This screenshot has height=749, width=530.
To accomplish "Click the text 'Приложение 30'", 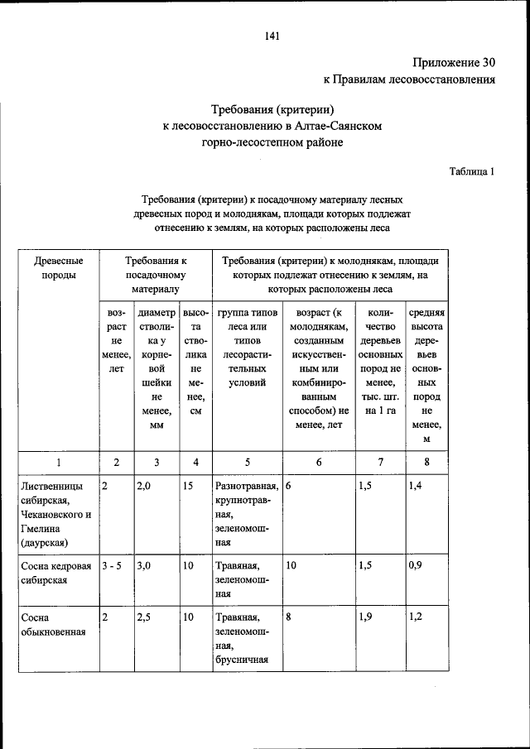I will point(453,63).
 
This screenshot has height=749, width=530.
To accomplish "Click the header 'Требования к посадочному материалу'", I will point(155,275).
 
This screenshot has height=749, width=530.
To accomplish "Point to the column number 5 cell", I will point(247,462).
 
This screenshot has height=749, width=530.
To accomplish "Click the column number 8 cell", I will point(426,462).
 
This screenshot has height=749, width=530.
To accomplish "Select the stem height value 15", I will point(189,486).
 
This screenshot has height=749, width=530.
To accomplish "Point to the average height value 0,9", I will point(417,566).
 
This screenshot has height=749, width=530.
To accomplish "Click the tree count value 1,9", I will point(366,617).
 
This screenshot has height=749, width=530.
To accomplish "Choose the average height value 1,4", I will point(417,486).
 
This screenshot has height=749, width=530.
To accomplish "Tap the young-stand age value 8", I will point(288,617).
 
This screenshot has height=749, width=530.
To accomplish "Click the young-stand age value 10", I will point(291,566).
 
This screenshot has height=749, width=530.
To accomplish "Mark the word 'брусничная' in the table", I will point(239,660).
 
